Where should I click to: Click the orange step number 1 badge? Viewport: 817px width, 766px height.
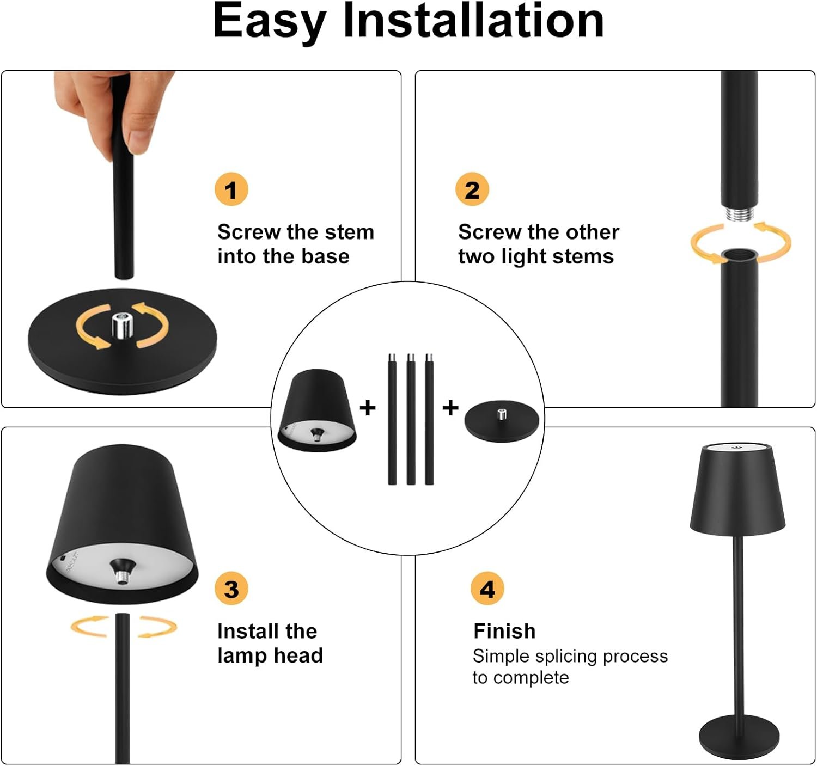pos(231,189)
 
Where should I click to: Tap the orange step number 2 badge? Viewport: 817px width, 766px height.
pos(472,189)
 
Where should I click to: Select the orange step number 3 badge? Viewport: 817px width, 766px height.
pos(231,589)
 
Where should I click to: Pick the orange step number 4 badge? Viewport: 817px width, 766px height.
pos(487,589)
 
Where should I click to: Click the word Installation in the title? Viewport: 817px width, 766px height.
pos(473,21)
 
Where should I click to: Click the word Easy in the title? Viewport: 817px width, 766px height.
pos(270,23)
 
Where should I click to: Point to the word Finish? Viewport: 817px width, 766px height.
pos(504,631)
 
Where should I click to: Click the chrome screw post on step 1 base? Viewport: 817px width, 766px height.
pos(122,325)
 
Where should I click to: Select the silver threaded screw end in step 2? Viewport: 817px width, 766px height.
pos(739,213)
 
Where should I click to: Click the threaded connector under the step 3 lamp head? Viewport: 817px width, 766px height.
pos(121,577)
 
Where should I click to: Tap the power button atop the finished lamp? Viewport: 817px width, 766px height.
pos(737,446)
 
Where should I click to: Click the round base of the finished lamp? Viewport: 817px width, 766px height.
pos(739,738)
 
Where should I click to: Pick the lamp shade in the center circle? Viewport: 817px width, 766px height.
pos(317,410)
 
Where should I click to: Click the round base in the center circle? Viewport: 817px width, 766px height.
pos(502,421)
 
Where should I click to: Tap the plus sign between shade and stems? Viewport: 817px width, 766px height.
pos(367,408)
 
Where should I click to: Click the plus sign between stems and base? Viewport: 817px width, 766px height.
pos(450,408)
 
